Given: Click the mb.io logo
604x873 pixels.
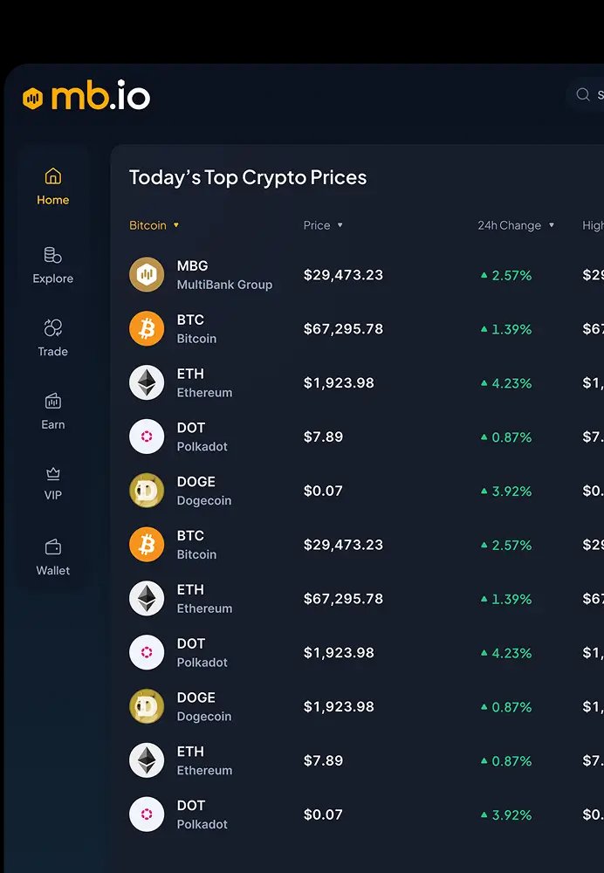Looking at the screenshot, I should coord(86,96).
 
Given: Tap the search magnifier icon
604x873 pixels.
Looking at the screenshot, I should coord(583,95).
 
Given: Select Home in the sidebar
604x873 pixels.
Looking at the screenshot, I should coord(52,187).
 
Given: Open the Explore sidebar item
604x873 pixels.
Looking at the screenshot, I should coord(52,265).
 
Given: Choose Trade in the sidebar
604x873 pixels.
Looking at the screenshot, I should coord(52,338).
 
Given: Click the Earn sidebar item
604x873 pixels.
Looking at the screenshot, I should coord(52,411).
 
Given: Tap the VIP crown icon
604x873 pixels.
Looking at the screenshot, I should coord(52,474).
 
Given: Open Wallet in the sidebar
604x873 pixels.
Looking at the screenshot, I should coord(52,557).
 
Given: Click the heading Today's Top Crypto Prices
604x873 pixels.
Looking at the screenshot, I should coord(248,177).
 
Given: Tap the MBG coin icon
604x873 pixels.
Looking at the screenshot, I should coord(147,275).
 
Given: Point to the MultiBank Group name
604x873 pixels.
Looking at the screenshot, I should coord(224,285).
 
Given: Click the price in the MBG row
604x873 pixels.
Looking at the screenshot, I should coord(343,275).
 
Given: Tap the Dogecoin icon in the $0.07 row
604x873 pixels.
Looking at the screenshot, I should coord(147,491).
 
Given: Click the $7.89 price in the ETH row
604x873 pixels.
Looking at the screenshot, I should coord(323,760).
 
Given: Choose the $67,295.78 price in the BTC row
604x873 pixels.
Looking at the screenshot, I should coord(343,329).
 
